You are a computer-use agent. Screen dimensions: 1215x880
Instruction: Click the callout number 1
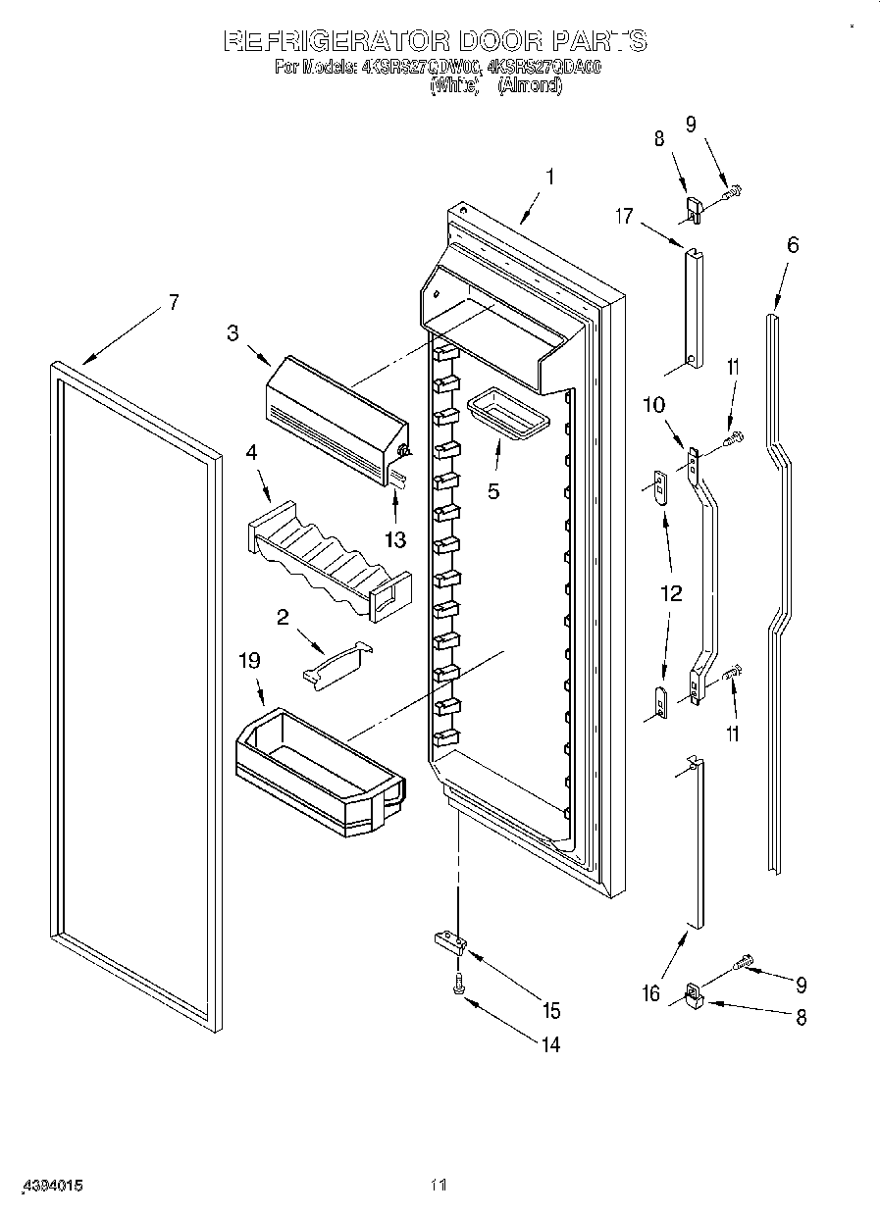click(x=550, y=177)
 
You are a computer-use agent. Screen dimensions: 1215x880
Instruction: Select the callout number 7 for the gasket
click(x=174, y=302)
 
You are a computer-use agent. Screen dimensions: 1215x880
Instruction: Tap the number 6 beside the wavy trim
click(x=793, y=245)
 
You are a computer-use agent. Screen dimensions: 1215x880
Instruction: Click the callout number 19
click(x=250, y=660)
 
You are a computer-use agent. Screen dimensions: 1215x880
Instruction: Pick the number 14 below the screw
click(x=549, y=1045)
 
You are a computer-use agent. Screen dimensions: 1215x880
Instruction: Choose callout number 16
click(x=651, y=993)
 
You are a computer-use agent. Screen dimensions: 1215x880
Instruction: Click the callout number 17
click(x=625, y=217)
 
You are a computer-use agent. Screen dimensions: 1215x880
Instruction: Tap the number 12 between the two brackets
click(x=672, y=593)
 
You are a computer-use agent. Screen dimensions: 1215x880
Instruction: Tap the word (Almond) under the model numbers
click(x=530, y=86)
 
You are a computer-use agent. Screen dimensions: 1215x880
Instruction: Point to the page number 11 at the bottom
click(x=440, y=1186)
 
